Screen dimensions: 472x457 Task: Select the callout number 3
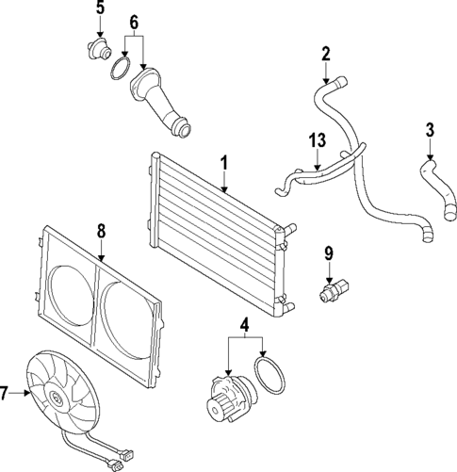click(x=430, y=130)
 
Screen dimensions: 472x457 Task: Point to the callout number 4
click(x=245, y=329)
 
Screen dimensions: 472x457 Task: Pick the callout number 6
click(x=133, y=21)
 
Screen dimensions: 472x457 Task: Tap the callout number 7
click(x=8, y=394)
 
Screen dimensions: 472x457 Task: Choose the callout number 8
click(x=102, y=229)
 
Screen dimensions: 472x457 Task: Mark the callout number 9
click(x=329, y=252)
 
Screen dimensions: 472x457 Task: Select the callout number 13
click(x=318, y=140)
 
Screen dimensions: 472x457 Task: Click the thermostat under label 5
click(x=99, y=48)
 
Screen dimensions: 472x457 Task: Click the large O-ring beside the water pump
click(x=271, y=375)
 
